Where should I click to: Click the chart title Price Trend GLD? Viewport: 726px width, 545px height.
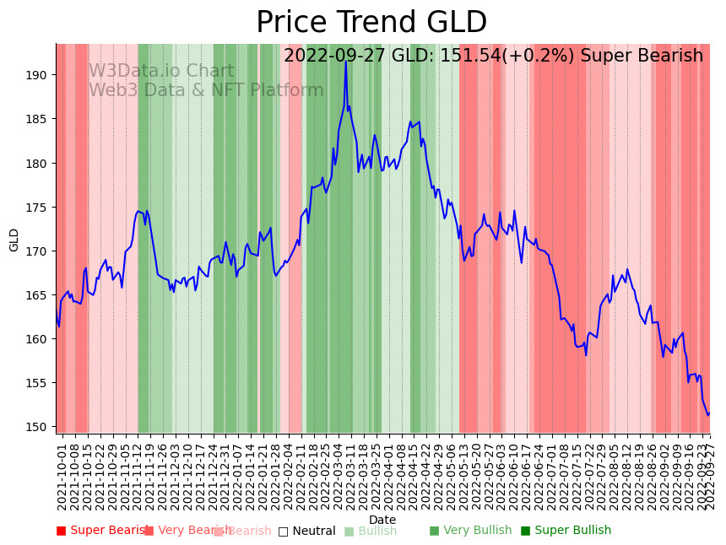point(371,23)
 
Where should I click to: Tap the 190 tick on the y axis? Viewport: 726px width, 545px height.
point(38,75)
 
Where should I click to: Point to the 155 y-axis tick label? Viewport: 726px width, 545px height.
point(38,383)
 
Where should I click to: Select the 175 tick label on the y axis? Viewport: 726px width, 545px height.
point(38,207)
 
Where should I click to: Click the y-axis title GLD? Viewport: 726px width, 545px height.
point(14,240)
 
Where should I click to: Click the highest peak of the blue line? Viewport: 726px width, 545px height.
point(346,61)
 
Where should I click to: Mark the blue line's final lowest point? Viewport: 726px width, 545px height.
point(707,415)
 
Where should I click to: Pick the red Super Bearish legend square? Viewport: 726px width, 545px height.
point(61,531)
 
